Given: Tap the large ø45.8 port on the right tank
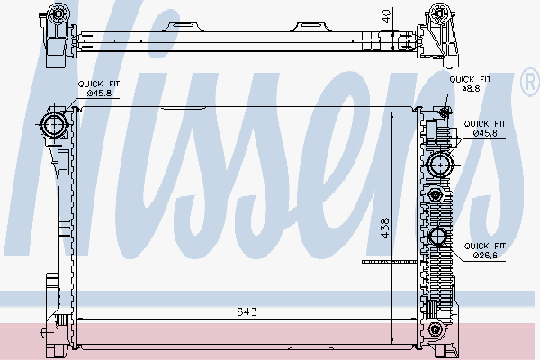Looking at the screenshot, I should [x=440, y=164].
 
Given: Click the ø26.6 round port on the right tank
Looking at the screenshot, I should [x=438, y=238].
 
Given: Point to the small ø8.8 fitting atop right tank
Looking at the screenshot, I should [x=445, y=112].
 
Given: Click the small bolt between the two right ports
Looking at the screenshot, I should [x=437, y=196].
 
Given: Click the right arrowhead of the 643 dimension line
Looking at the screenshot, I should [x=415, y=319].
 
